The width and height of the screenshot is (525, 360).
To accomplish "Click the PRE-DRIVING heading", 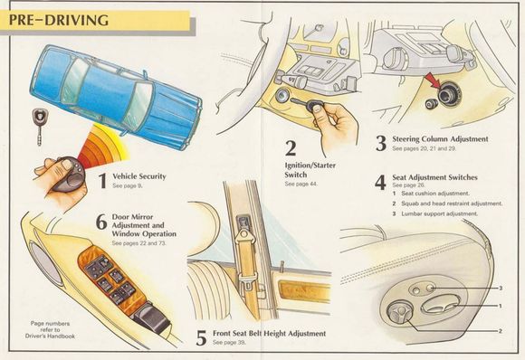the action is click(x=59, y=20).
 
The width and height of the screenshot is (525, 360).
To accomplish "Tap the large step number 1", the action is click(x=102, y=180).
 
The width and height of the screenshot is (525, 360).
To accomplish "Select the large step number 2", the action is click(x=291, y=148).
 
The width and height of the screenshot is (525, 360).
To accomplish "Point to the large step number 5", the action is click(x=201, y=338).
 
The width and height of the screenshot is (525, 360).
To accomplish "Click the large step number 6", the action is click(x=101, y=222).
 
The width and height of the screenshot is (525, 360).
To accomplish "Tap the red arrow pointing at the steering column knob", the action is click(x=434, y=81).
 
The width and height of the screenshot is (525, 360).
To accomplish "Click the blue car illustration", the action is click(x=116, y=97).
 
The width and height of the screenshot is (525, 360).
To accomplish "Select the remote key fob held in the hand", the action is click(x=68, y=175).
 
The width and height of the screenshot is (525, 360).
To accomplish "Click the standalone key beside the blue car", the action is click(x=40, y=126).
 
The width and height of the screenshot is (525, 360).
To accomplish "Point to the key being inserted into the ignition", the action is click(x=306, y=104).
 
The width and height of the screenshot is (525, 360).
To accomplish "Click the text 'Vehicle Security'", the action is click(x=139, y=176).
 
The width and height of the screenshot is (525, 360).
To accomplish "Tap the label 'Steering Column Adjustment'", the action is click(x=440, y=139).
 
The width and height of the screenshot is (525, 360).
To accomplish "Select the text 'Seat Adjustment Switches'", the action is click(x=434, y=177).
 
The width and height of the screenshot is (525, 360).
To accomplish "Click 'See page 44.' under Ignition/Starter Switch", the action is click(x=301, y=184).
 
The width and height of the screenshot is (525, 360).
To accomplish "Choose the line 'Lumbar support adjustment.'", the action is click(x=439, y=213).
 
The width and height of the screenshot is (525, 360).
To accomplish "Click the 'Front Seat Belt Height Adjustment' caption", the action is click(x=269, y=334).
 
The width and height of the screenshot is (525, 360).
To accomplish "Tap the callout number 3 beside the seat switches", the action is click(x=501, y=288).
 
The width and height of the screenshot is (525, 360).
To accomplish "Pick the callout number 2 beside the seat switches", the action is click(x=501, y=331).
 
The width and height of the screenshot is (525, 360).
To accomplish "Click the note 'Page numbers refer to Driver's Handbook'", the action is click(x=50, y=329).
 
